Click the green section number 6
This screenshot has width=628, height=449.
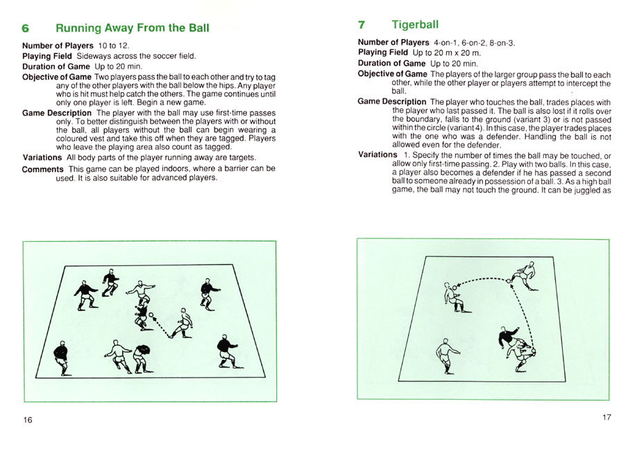point(26,29)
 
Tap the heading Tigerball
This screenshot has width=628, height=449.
point(414,25)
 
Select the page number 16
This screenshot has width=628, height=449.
point(28,420)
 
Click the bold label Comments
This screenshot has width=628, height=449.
point(42,169)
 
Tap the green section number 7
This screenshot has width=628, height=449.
point(362,25)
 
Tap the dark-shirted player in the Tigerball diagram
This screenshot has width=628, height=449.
point(509,337)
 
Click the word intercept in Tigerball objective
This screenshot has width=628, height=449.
point(568,84)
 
